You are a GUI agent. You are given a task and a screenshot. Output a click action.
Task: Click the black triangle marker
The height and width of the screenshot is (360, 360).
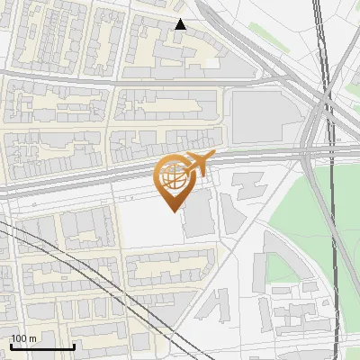point(180,24)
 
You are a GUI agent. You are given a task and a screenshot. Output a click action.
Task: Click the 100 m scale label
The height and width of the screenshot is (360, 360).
point(23,338)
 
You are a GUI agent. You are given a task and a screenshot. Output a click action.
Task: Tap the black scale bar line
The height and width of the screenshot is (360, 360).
point(42,346)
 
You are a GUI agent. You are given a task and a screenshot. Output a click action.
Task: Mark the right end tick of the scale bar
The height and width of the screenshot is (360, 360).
point(74,345)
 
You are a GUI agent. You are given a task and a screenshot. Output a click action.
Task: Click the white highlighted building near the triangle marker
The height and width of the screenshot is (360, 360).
point(212,62)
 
